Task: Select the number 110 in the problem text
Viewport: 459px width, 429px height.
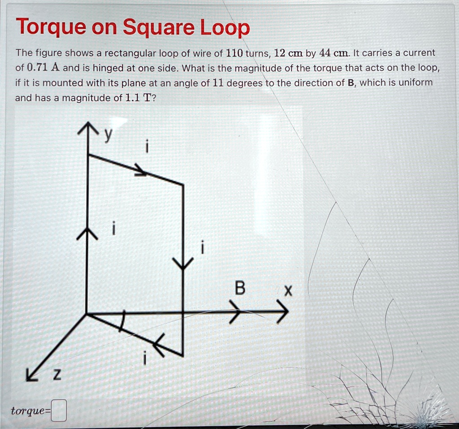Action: pyautogui.click(x=235, y=53)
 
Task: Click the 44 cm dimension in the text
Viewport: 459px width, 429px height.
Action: pyautogui.click(x=333, y=53)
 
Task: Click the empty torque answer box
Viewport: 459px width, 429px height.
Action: pyautogui.click(x=59, y=411)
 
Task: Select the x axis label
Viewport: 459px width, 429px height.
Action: pyautogui.click(x=288, y=292)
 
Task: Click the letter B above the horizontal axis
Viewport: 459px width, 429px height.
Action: pyautogui.click(x=240, y=290)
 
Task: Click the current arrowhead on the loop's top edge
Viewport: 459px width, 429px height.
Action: pyautogui.click(x=142, y=171)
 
